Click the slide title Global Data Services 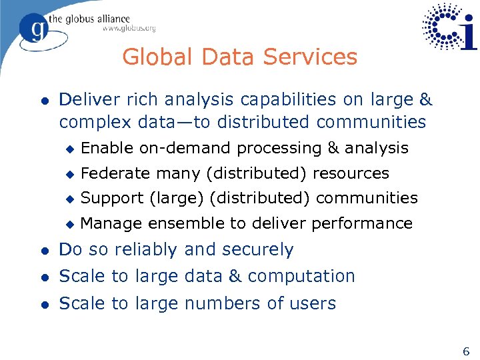pyautogui.click(x=239, y=57)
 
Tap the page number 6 pyautogui.click(x=466, y=351)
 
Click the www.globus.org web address pyautogui.click(x=129, y=29)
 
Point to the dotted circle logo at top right pyautogui.click(x=443, y=27)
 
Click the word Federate pyautogui.click(x=114, y=173)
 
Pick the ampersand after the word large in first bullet pyautogui.click(x=425, y=100)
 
